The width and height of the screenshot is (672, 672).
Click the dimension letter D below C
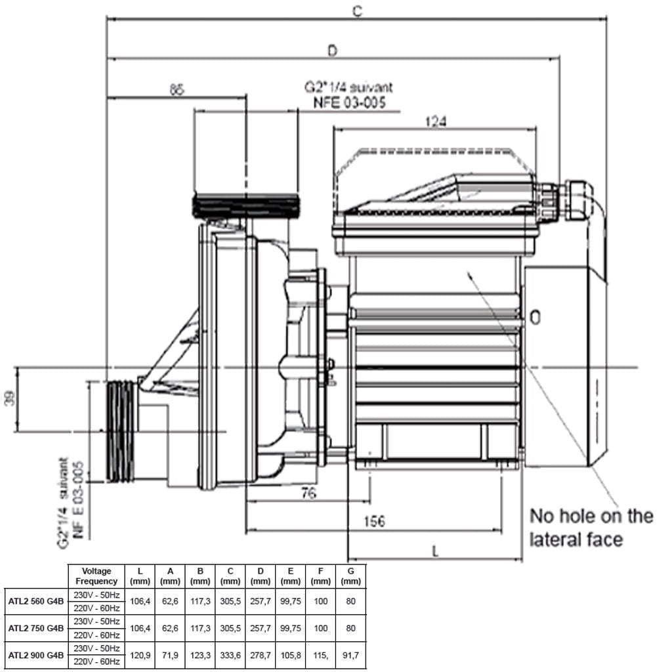pos(333,50)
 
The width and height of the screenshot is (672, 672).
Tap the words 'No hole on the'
pos(591,516)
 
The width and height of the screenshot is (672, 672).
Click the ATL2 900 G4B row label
pos(36,655)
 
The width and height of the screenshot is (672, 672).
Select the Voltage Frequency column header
pos(96,576)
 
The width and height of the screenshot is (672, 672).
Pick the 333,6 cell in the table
pos(230,655)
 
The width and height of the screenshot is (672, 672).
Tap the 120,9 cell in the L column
pos(140,655)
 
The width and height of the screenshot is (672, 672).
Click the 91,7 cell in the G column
pos(351,655)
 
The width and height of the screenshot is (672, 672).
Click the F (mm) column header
pos(321,576)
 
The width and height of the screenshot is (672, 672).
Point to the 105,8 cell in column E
pos(290,655)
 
